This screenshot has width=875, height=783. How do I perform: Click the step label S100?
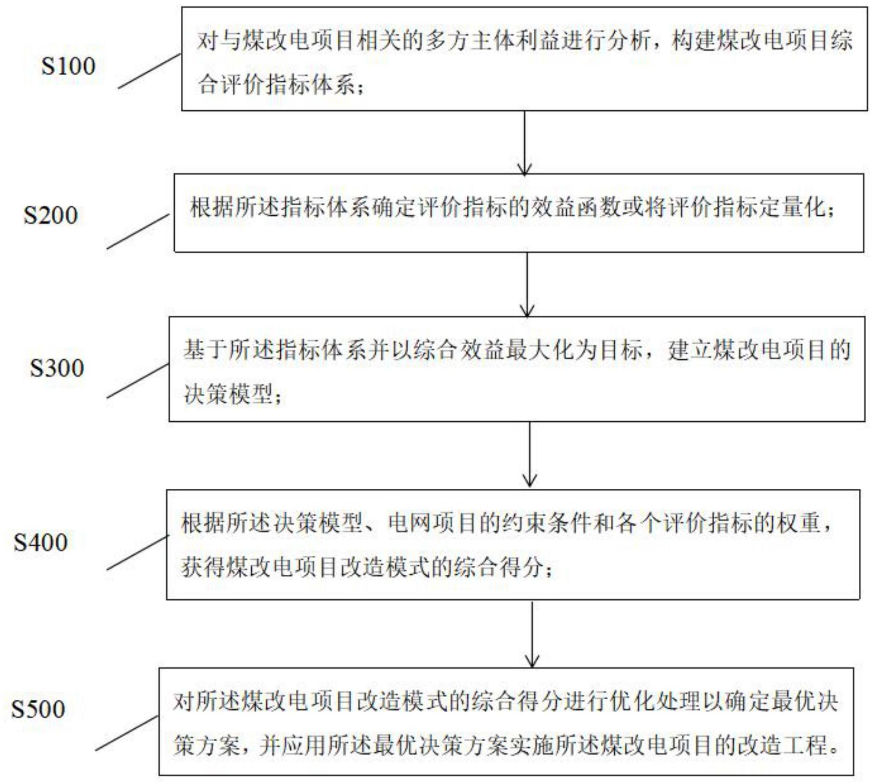(x=68, y=66)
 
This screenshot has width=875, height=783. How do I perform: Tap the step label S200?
(x=50, y=215)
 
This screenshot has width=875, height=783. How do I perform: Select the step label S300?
(x=57, y=367)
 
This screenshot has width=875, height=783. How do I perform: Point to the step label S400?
(x=40, y=542)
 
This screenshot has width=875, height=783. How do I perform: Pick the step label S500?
(x=38, y=709)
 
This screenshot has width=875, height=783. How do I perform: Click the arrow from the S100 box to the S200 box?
(x=524, y=143)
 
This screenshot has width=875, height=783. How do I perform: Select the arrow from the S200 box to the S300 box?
(x=527, y=284)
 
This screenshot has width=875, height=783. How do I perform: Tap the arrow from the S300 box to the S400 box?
(x=530, y=455)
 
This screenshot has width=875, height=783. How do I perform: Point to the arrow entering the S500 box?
(x=532, y=634)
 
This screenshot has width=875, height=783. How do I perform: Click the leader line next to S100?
(x=149, y=71)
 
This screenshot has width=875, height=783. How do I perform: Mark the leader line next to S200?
(x=138, y=232)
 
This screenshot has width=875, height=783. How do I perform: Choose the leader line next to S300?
(x=138, y=381)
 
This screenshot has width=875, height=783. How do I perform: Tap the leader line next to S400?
(x=138, y=552)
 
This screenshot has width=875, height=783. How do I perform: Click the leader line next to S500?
(x=127, y=733)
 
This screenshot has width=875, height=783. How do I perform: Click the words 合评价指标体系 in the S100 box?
(x=276, y=86)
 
